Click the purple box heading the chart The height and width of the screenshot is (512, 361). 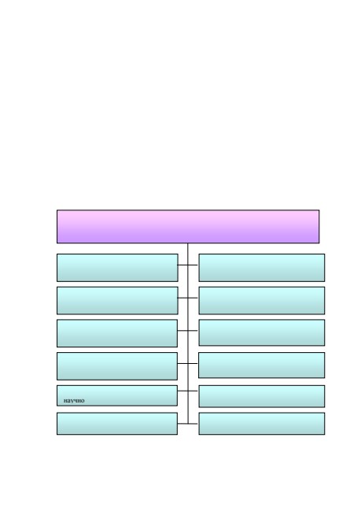(188, 227)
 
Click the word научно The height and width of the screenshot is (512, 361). (74, 400)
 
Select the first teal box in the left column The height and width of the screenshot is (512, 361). (117, 268)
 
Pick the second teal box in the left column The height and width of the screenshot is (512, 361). (117, 300)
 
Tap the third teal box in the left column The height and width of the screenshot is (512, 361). (117, 333)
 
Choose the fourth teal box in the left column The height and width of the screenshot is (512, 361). (117, 366)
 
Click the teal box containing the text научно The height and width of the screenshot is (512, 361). (117, 395)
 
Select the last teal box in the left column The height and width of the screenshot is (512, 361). (117, 424)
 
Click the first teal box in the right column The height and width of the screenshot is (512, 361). (262, 268)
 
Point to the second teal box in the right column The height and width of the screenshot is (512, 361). (262, 300)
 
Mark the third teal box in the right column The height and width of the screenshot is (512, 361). (262, 332)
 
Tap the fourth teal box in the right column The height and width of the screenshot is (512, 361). (262, 365)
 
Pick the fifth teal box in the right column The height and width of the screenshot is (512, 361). (262, 396)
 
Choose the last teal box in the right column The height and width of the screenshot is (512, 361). (262, 424)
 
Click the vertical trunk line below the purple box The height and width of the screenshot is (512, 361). (188, 333)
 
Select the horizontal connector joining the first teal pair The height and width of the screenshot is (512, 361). (188, 265)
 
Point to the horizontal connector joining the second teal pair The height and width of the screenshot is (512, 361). (188, 298)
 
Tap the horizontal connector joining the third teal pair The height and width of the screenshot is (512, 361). (188, 331)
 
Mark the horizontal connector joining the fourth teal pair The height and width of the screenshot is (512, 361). (188, 363)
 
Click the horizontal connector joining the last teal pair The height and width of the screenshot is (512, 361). (188, 424)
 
